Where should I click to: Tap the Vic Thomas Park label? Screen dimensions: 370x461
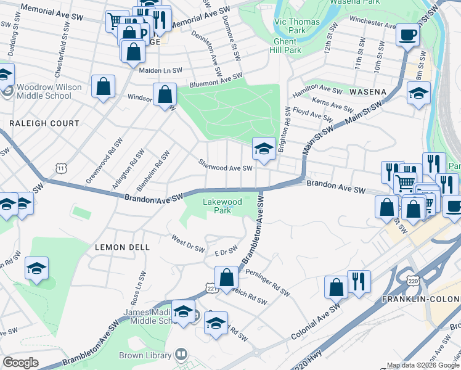(290, 25)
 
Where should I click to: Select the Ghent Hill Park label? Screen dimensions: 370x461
(286, 45)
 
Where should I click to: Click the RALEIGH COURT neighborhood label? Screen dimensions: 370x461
(44, 123)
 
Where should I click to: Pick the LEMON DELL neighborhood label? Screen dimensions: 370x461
(122, 247)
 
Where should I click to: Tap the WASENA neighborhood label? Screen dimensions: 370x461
(367, 91)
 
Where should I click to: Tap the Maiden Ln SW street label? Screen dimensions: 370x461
(160, 70)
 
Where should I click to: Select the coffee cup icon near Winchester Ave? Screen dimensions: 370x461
(407, 35)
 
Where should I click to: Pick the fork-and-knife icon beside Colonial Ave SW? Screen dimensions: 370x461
(358, 282)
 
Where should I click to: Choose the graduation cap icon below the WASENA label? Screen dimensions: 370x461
(418, 94)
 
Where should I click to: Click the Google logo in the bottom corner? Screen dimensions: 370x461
(21, 363)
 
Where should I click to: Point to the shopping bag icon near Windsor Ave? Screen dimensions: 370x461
(165, 95)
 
